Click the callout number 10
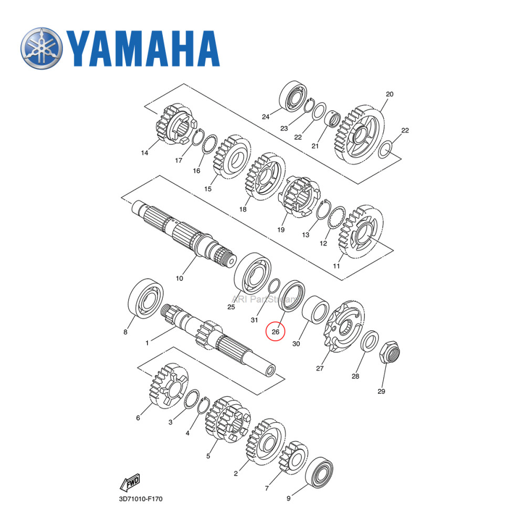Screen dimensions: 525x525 coord(180,278)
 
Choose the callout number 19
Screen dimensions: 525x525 coord(281,230)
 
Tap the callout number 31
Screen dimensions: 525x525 coord(255,320)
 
